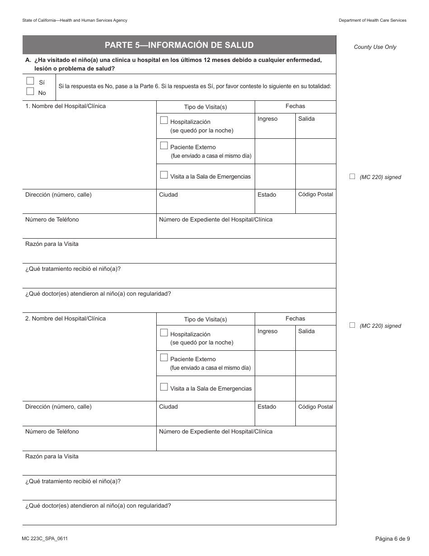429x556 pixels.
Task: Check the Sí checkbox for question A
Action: (30, 81)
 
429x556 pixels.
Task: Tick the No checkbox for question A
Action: (30, 91)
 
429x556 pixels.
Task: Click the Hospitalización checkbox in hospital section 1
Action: (164, 120)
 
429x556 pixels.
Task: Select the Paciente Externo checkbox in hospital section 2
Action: (164, 358)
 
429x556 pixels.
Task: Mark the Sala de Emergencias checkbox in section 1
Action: (164, 175)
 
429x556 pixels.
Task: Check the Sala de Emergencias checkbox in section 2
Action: (164, 387)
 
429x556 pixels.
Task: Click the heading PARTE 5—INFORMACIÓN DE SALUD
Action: (179, 45)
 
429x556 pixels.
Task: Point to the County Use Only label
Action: (375, 47)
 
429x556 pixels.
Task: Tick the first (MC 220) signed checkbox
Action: (352, 177)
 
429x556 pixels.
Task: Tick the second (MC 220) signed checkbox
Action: (352, 325)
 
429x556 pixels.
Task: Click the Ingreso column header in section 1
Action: (267, 119)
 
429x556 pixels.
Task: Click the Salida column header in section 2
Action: (306, 331)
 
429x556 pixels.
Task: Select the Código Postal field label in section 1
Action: (315, 194)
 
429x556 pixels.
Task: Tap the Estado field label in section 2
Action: (266, 407)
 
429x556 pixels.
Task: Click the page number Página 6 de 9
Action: (392, 538)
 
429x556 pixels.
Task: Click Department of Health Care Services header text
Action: (372, 20)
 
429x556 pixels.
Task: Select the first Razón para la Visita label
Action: (51, 244)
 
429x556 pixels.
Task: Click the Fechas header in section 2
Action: (295, 319)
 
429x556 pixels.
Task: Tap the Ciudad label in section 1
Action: (168, 195)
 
